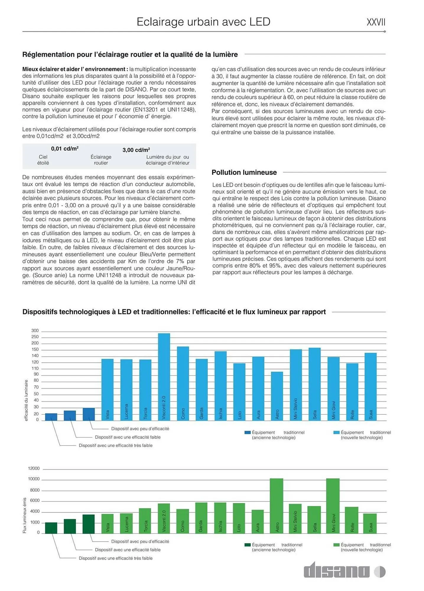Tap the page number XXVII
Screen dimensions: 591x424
[x=376, y=22]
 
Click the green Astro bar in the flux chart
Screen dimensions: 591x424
[x=276, y=505]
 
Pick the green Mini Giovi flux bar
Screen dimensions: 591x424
[x=333, y=505]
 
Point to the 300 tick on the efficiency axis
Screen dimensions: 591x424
[x=35, y=331]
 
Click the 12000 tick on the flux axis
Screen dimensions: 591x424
[x=34, y=468]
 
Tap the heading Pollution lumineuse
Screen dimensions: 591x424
[x=244, y=172]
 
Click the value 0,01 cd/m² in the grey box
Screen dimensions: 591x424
[x=65, y=149]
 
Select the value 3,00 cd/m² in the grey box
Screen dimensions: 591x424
[x=136, y=150]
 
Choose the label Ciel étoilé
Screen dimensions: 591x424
[x=43, y=160]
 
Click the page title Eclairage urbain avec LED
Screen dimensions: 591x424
[x=203, y=22]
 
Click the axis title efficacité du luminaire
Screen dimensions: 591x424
[x=26, y=400]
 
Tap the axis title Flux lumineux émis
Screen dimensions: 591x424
[x=25, y=516]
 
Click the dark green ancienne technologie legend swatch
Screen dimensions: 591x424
[x=248, y=545]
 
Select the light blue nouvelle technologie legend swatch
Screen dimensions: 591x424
[x=336, y=432]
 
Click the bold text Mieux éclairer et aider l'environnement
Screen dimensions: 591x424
[x=75, y=69]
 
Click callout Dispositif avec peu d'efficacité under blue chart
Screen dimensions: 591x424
[x=140, y=428]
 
